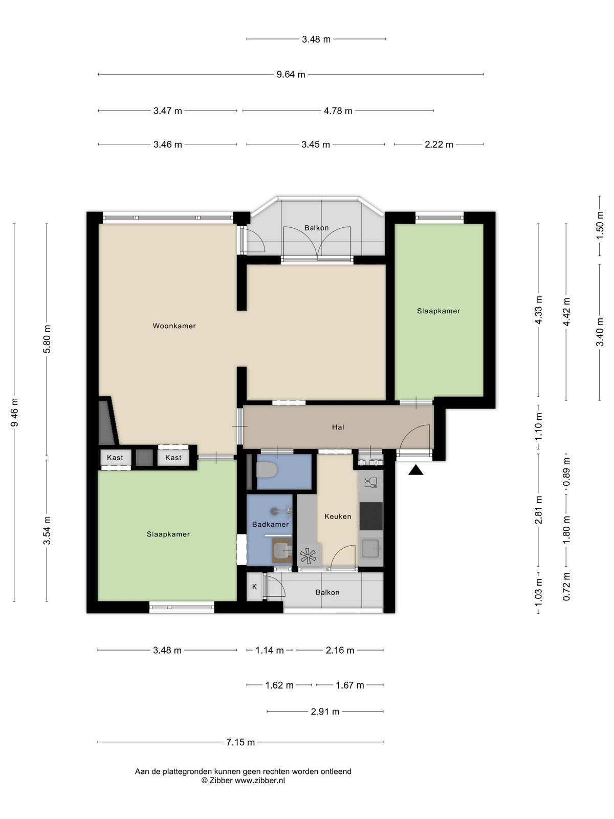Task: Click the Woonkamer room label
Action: pos(174,326)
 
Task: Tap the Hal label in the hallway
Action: pos(338,427)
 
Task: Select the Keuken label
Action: pos(338,516)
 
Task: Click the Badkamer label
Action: pos(270,524)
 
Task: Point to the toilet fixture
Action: pos(267,470)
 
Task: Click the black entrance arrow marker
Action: pos(416,470)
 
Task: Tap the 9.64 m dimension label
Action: pos(291,75)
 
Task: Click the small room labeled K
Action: pos(255,587)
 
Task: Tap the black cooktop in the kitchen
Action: pos(371,516)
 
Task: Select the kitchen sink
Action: pos(371,548)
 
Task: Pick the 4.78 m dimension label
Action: pos(338,111)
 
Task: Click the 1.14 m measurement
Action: pos(270,651)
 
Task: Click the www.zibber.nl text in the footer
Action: pos(259,780)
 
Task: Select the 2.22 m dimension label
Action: pos(439,144)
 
